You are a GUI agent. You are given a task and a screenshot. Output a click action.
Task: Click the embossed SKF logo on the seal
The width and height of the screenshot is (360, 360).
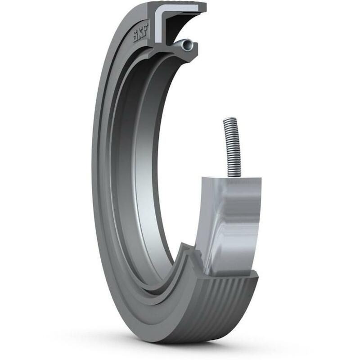141,33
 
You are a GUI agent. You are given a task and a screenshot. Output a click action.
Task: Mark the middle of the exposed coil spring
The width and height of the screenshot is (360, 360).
232,148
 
